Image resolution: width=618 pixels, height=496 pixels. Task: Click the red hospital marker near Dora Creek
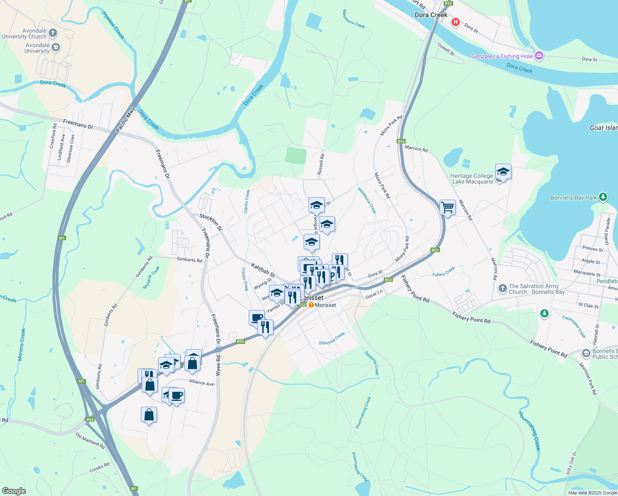coord(455,22)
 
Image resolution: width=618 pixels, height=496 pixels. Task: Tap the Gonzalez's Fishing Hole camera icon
coord(539,56)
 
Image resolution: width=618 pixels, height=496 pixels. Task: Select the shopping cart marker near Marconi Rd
coord(448,207)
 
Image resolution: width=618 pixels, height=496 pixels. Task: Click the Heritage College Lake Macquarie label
coord(472,179)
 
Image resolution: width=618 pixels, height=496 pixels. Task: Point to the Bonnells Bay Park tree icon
coord(603,197)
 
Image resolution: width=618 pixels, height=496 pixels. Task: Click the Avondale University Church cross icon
coord(52,33)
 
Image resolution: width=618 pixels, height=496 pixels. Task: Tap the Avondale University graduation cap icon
coord(56,48)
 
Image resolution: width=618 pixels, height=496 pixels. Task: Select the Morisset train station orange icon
coord(311,305)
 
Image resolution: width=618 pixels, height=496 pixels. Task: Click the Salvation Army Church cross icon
coord(502,289)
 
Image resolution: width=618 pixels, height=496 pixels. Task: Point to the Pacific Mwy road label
coord(126,120)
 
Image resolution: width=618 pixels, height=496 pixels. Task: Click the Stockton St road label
coord(211,222)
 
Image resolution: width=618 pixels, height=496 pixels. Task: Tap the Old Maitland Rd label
coord(90,441)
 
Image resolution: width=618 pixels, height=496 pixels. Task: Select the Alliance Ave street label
coord(202,382)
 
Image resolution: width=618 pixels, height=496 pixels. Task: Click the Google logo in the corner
coord(14,491)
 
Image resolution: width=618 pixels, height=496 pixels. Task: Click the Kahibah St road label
coord(263,270)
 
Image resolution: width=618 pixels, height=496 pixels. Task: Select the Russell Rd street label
coord(321,164)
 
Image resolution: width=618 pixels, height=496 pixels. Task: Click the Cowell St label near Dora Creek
coord(446,50)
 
